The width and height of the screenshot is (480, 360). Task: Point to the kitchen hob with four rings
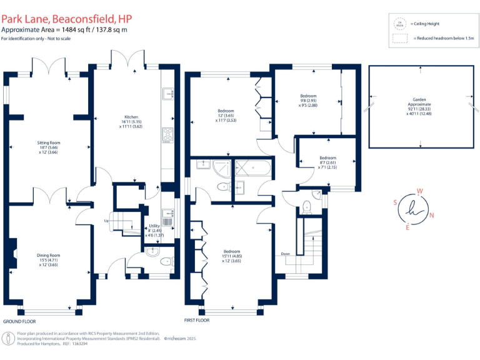168,134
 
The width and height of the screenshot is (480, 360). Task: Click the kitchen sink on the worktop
167,94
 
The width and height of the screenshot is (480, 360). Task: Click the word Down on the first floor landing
285,254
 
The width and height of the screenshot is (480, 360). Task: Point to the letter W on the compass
421,191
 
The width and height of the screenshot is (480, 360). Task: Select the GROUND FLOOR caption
19,321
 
